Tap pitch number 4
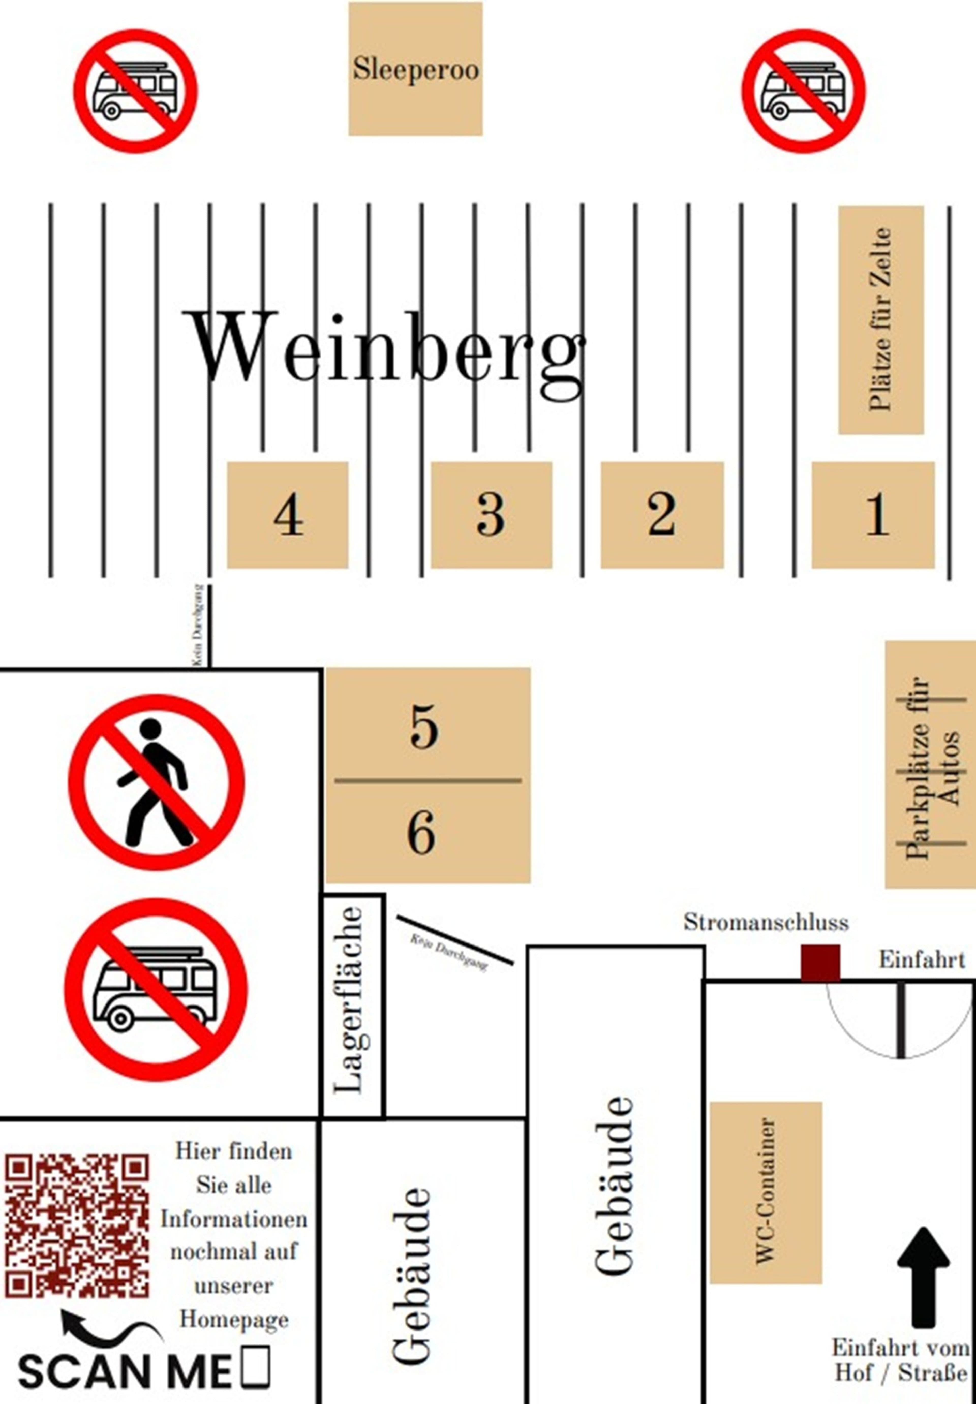tap(288, 515)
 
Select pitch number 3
tap(491, 515)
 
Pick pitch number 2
tap(662, 515)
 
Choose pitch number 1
tap(873, 515)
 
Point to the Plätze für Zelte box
tap(881, 320)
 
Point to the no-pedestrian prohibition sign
tap(157, 783)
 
